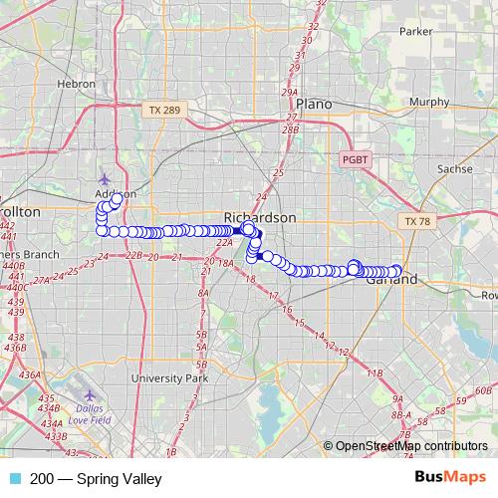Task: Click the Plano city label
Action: pyautogui.click(x=314, y=104)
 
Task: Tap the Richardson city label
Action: pyautogui.click(x=259, y=217)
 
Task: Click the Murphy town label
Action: pyautogui.click(x=429, y=102)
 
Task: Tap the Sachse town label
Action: pyautogui.click(x=455, y=169)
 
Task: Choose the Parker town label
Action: pyautogui.click(x=415, y=31)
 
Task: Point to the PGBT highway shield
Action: pyautogui.click(x=354, y=159)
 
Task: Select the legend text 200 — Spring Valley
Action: pyautogui.click(x=96, y=479)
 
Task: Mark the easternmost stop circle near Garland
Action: pyautogui.click(x=395, y=270)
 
